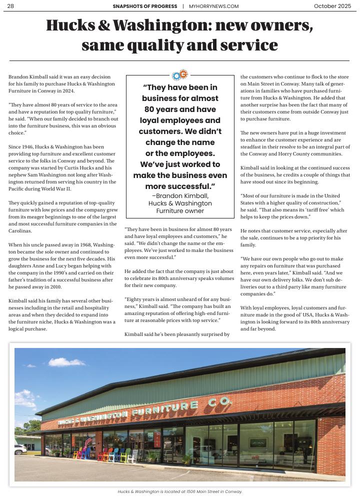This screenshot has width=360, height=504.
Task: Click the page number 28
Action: (10, 6)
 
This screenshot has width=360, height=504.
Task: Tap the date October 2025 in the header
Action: (332, 6)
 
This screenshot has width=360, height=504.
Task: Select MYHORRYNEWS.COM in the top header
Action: (213, 6)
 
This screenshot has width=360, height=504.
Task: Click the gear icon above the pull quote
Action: (180, 75)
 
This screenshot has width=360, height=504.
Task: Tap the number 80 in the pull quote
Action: (151, 109)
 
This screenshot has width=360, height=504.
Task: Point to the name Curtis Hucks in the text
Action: (79, 168)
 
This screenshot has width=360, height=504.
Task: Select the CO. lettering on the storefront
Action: (218, 401)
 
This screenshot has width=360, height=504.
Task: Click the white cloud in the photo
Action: (66, 361)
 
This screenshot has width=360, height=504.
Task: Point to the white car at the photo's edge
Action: (20, 449)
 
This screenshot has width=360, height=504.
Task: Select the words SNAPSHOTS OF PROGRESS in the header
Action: (145, 6)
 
